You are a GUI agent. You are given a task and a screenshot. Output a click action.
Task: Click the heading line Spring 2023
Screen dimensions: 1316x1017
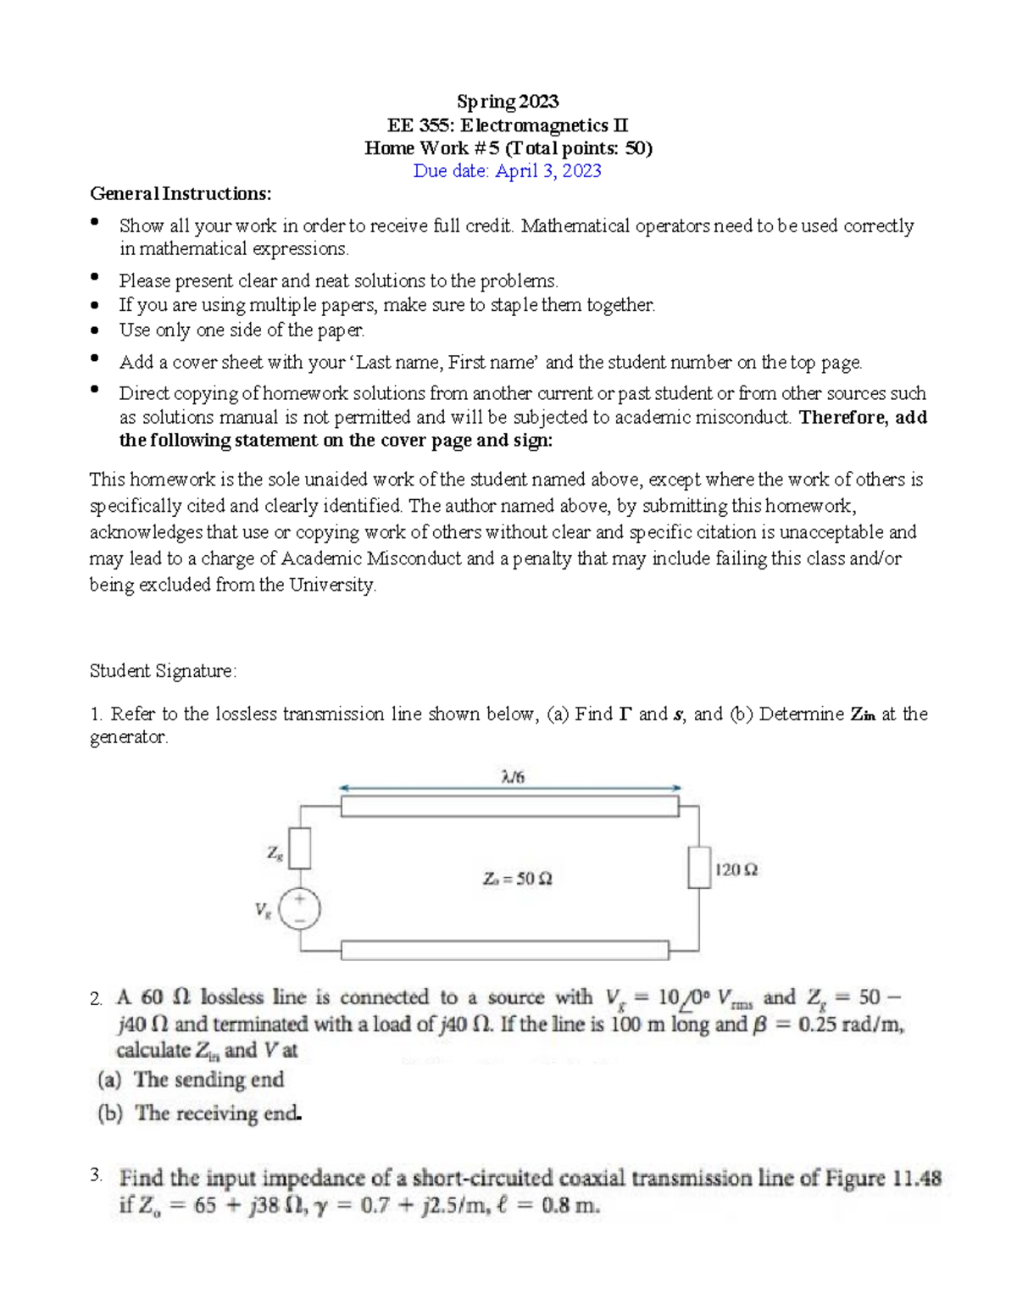click(x=508, y=102)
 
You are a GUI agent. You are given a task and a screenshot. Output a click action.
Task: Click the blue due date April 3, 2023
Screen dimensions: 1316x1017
click(x=507, y=170)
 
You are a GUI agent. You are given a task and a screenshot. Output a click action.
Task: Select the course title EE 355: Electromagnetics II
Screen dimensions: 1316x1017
click(x=508, y=125)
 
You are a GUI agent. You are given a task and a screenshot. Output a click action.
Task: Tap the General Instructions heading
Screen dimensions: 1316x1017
click(x=181, y=193)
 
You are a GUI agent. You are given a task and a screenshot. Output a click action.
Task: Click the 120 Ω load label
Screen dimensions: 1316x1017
click(x=736, y=869)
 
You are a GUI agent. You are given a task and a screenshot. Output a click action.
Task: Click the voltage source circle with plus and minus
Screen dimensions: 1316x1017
click(x=300, y=910)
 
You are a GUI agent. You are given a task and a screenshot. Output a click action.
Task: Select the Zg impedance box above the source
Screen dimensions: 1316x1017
click(x=300, y=848)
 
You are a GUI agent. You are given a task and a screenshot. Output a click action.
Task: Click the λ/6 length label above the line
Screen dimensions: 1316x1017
click(x=513, y=776)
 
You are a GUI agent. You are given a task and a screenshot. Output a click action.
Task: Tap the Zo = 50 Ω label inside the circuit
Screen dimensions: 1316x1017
click(x=517, y=879)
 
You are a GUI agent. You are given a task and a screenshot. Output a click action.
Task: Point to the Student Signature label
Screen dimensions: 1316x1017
click(x=163, y=671)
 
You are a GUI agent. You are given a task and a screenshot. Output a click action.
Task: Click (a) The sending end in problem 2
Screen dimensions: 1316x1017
click(x=192, y=1080)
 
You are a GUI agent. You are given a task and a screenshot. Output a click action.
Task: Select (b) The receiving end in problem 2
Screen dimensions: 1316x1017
click(x=200, y=1113)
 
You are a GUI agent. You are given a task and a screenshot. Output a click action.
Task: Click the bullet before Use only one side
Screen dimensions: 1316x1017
click(x=96, y=330)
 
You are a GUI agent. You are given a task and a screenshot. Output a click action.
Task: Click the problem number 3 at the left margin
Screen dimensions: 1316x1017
click(x=96, y=1174)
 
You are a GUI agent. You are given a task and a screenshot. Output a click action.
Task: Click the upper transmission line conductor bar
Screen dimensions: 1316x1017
click(x=509, y=806)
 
